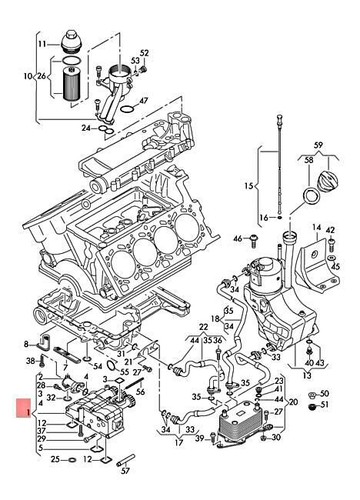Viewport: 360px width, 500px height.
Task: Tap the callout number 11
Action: pos(41,45)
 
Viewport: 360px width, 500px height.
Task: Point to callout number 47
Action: pos(144,102)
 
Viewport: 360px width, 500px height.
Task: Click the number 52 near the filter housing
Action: pos(144,52)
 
